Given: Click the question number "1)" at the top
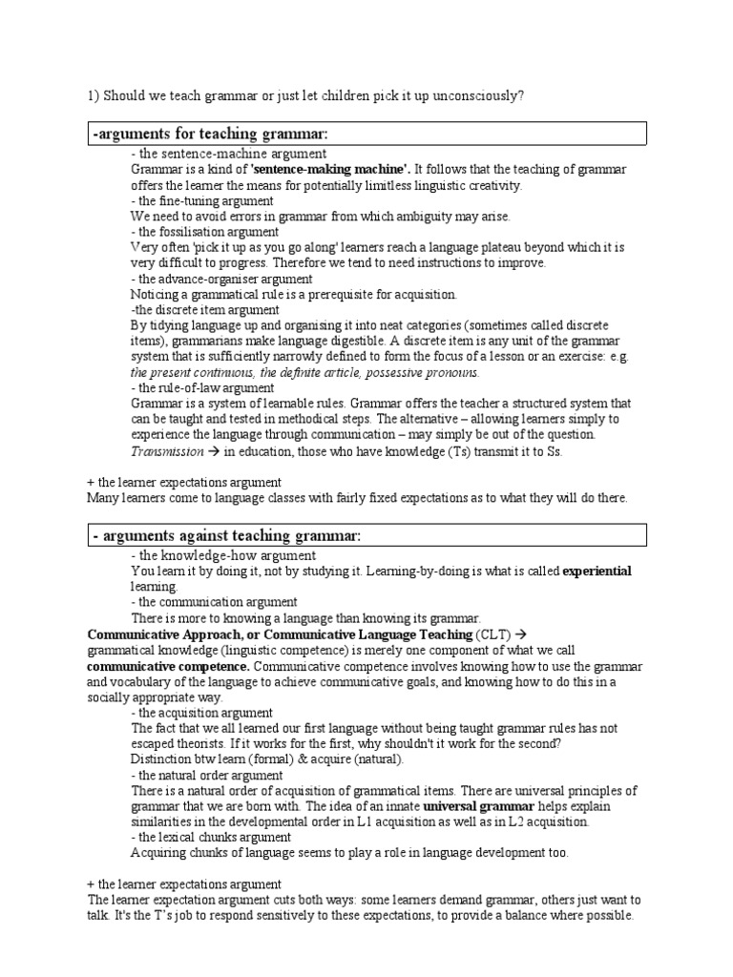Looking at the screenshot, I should (94, 96).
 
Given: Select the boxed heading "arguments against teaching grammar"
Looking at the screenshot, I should (227, 536).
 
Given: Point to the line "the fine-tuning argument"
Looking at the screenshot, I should (203, 200).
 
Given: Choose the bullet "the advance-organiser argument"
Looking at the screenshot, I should (221, 279).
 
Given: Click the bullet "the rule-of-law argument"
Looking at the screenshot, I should (203, 387).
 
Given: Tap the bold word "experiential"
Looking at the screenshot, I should (597, 571).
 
